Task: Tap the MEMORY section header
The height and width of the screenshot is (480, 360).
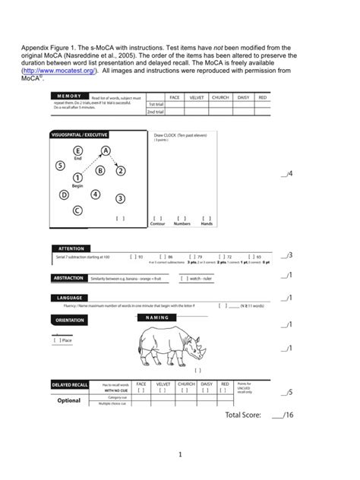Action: [69, 97]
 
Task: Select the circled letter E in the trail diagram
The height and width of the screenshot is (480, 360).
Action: [77, 151]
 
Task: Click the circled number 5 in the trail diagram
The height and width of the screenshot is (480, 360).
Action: [60, 166]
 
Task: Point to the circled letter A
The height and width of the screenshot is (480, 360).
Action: [106, 151]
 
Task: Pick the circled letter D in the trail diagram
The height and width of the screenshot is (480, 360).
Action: [64, 194]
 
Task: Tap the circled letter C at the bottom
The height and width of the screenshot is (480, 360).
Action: [77, 210]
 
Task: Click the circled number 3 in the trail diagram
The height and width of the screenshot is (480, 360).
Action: [120, 198]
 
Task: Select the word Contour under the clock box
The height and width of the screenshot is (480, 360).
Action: [158, 224]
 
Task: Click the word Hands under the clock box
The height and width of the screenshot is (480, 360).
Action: [207, 224]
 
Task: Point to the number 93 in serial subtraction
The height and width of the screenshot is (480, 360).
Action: [140, 257]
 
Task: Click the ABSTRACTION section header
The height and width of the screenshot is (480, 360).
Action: [68, 278]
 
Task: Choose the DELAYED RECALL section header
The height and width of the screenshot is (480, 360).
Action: [70, 385]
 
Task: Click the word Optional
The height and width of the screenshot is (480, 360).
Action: [69, 400]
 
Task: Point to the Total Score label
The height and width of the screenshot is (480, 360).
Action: [243, 415]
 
